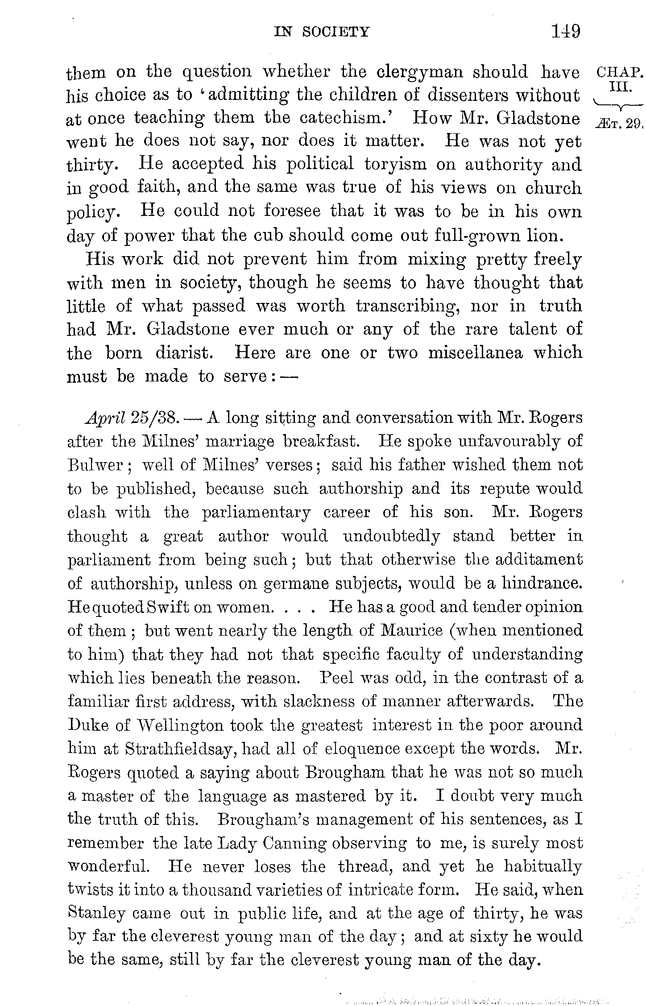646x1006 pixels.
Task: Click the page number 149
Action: click(x=566, y=32)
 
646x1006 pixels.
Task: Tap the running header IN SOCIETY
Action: click(x=322, y=32)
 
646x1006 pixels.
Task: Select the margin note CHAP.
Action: click(x=619, y=72)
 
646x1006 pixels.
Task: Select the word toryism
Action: click(x=395, y=165)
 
